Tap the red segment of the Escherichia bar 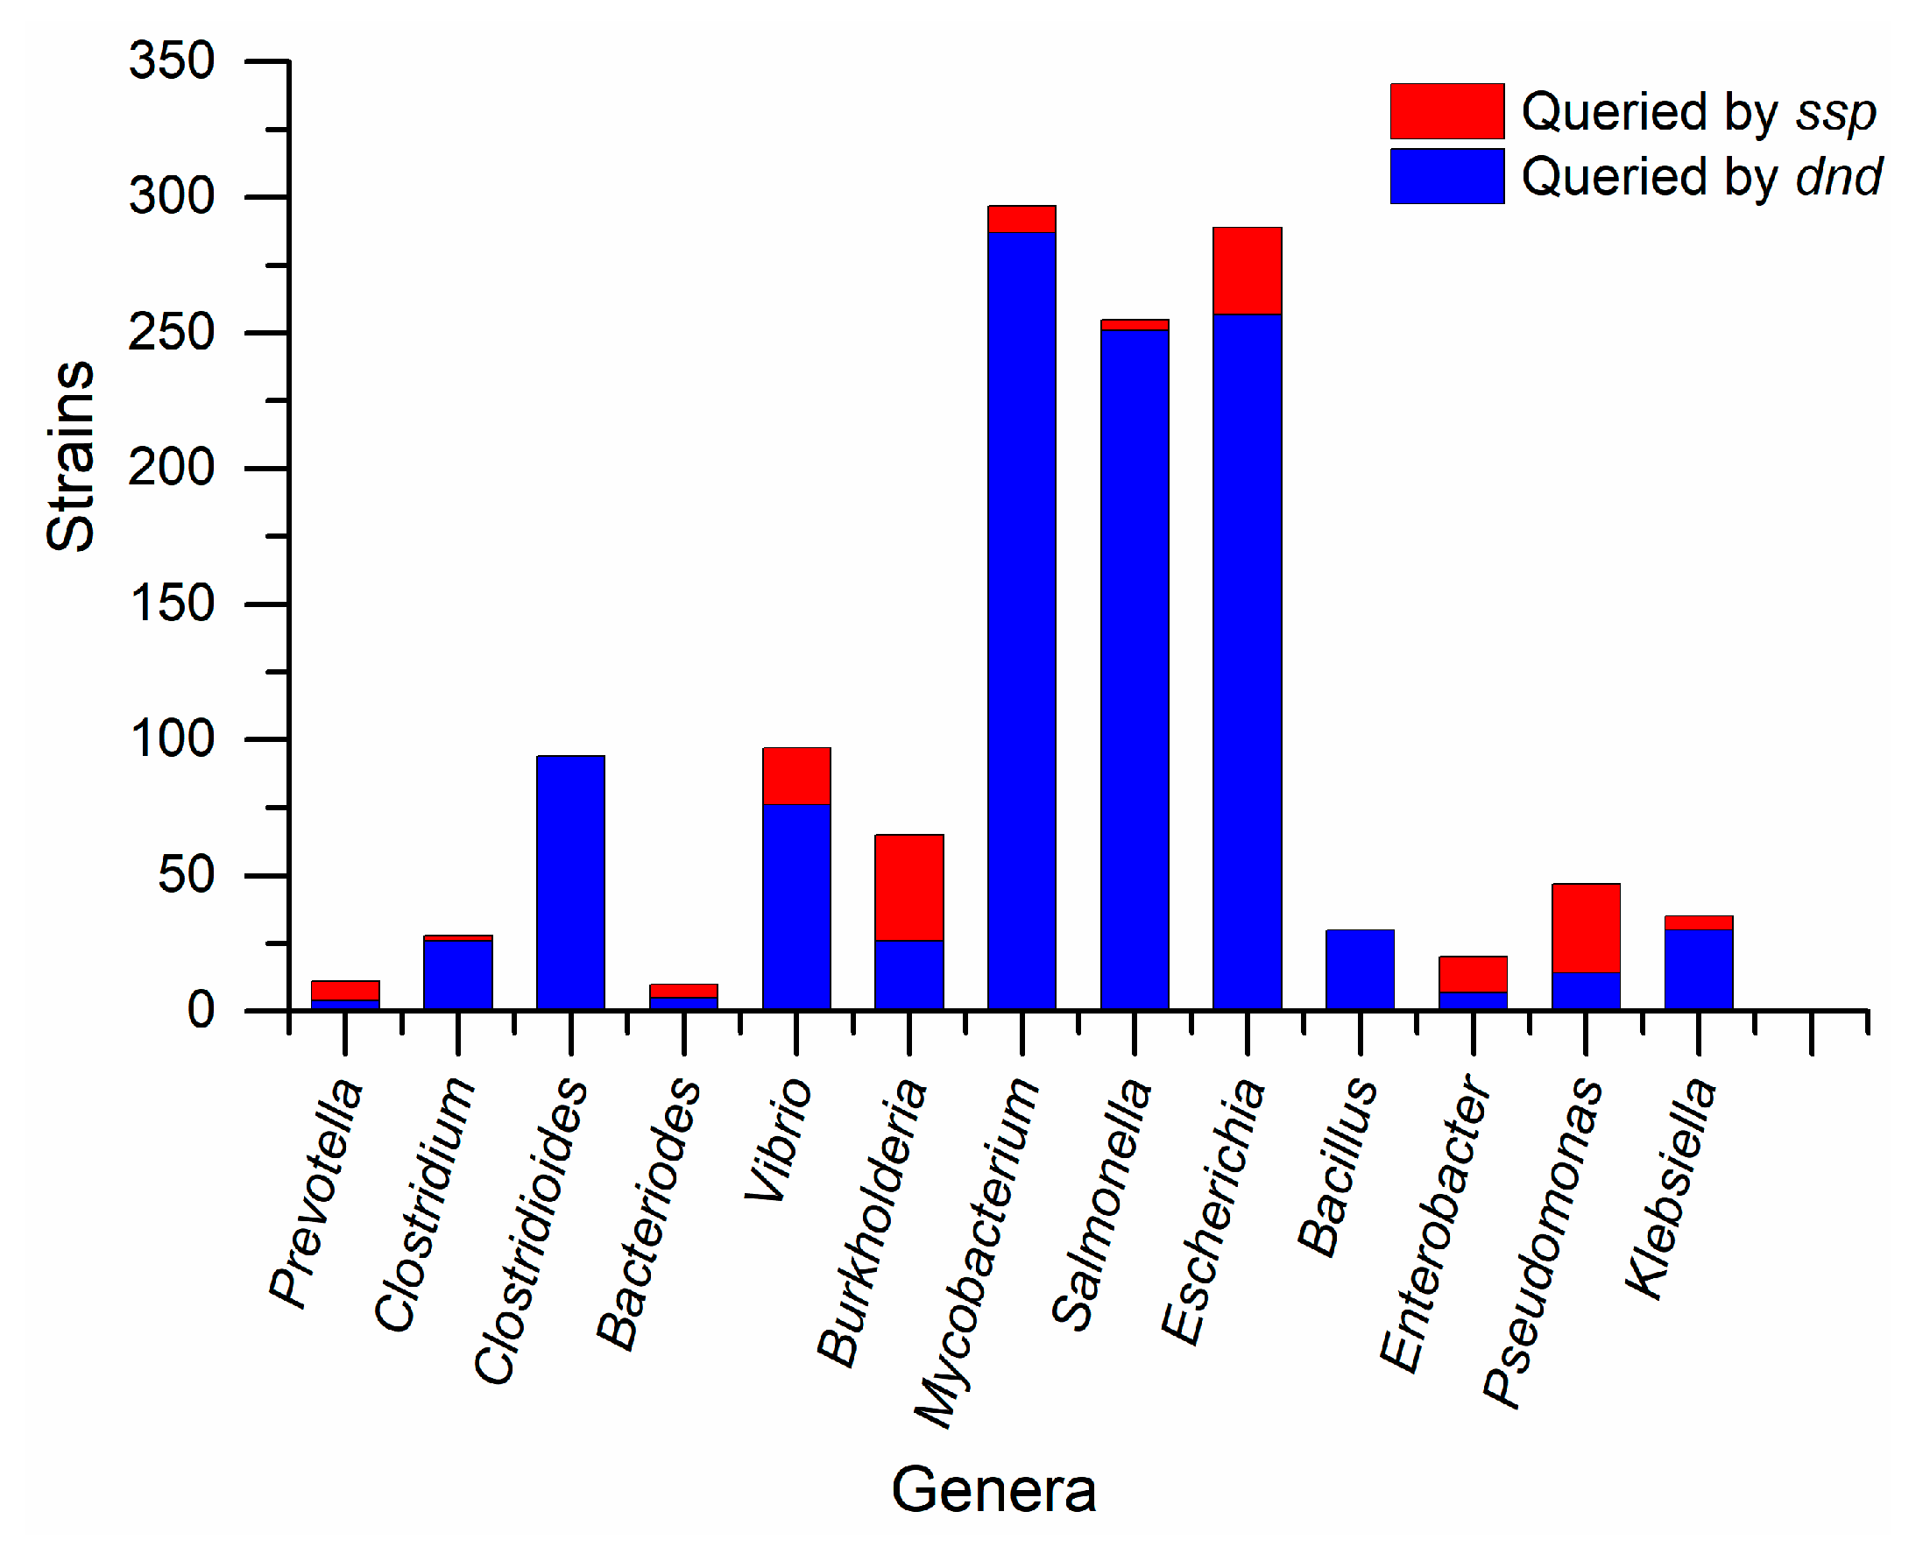(1248, 272)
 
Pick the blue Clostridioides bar (571, 883)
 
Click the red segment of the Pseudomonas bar (1587, 929)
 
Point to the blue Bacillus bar (1361, 970)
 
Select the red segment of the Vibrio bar (796, 776)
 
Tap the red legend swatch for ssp (1447, 112)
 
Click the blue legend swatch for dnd (1447, 176)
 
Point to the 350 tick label (172, 62)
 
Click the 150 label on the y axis (172, 604)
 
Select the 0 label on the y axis (201, 1012)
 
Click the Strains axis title (71, 456)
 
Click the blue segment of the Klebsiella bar (1699, 971)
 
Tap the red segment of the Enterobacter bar (1474, 975)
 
